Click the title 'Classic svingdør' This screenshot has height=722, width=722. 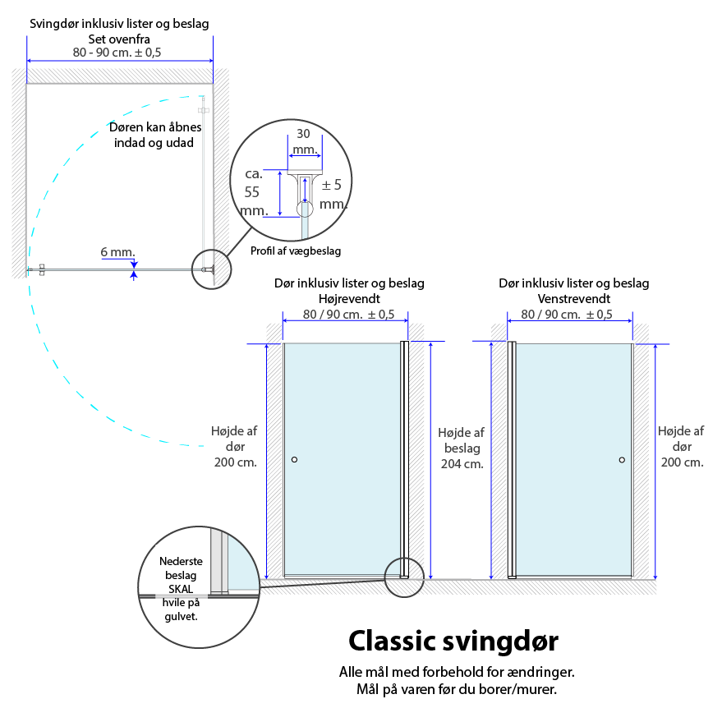tap(453, 640)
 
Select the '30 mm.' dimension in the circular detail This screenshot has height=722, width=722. tap(305, 141)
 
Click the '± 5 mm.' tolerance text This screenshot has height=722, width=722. tap(331, 194)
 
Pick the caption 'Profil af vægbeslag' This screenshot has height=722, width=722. tap(295, 251)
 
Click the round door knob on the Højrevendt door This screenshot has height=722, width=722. tap(294, 460)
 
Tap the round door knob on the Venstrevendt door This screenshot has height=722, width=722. tap(622, 460)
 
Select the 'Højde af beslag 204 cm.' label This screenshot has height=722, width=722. tap(462, 448)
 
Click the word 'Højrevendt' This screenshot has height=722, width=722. tap(349, 298)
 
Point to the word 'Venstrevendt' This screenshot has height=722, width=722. tap(573, 298)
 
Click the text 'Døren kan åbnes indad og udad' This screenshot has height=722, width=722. tap(154, 135)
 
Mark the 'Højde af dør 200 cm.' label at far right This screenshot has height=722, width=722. tap(681, 446)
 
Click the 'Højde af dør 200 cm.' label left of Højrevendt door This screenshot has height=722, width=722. tap(235, 446)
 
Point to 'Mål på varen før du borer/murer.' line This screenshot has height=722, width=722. tap(457, 689)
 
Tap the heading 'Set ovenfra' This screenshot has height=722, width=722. tap(119, 38)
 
